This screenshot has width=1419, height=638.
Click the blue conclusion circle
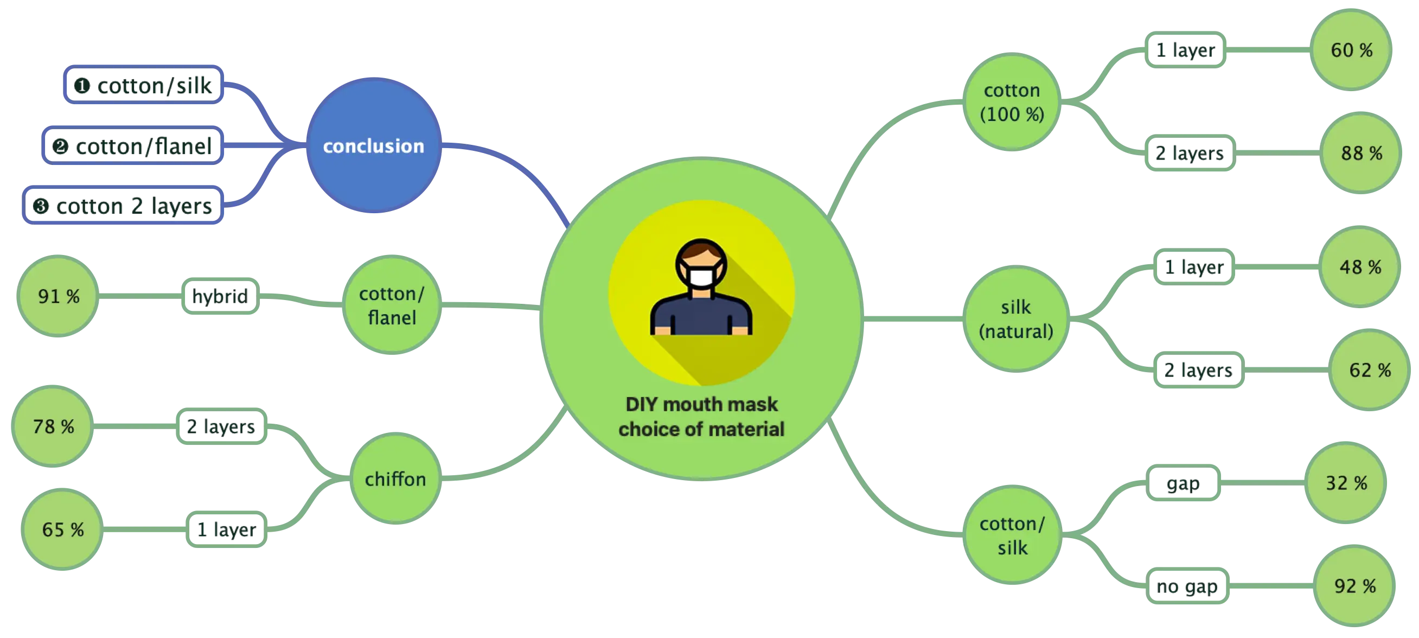pos(374,146)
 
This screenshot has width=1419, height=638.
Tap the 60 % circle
pos(1351,50)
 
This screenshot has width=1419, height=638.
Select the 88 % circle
pos(1361,153)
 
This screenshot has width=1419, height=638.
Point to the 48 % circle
pos(1360,267)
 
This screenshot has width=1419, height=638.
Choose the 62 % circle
pos(1370,370)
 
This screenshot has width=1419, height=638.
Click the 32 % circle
pos(1346,483)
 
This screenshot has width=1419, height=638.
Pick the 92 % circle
pos(1354,586)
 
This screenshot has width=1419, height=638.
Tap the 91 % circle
pos(59,296)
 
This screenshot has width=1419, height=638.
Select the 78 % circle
pos(53,426)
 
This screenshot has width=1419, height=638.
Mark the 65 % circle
pos(63,529)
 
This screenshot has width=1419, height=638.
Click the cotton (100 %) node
pos(1012,102)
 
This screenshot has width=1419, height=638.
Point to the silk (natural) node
pos(1016,319)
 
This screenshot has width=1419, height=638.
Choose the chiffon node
pos(395,479)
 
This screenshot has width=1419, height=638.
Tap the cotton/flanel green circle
pos(392,305)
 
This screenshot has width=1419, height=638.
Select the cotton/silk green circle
pos(1012,535)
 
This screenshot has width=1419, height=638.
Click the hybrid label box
pos(220,296)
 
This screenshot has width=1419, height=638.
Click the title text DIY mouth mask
pos(701,404)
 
